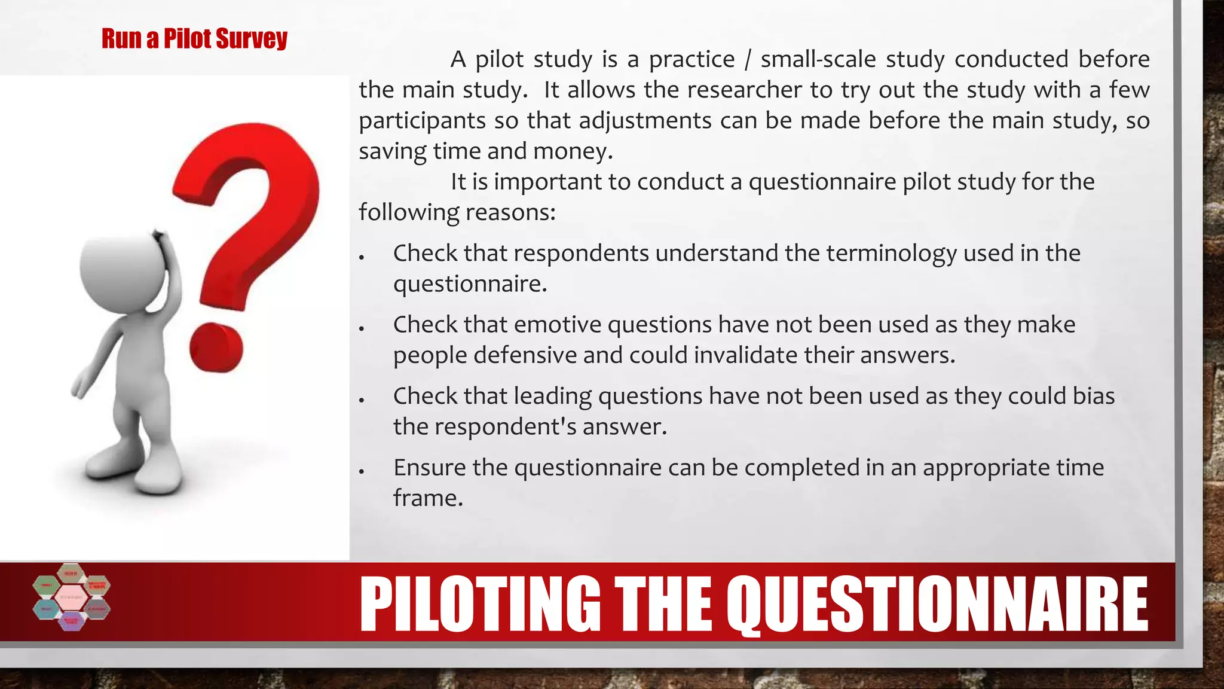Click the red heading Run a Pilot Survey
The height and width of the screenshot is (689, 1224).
click(194, 39)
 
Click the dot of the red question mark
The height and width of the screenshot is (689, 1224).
click(216, 347)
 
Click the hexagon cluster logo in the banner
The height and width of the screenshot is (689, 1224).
click(72, 597)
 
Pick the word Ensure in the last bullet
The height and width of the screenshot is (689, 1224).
click(429, 468)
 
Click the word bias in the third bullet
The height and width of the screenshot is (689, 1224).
click(1094, 396)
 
